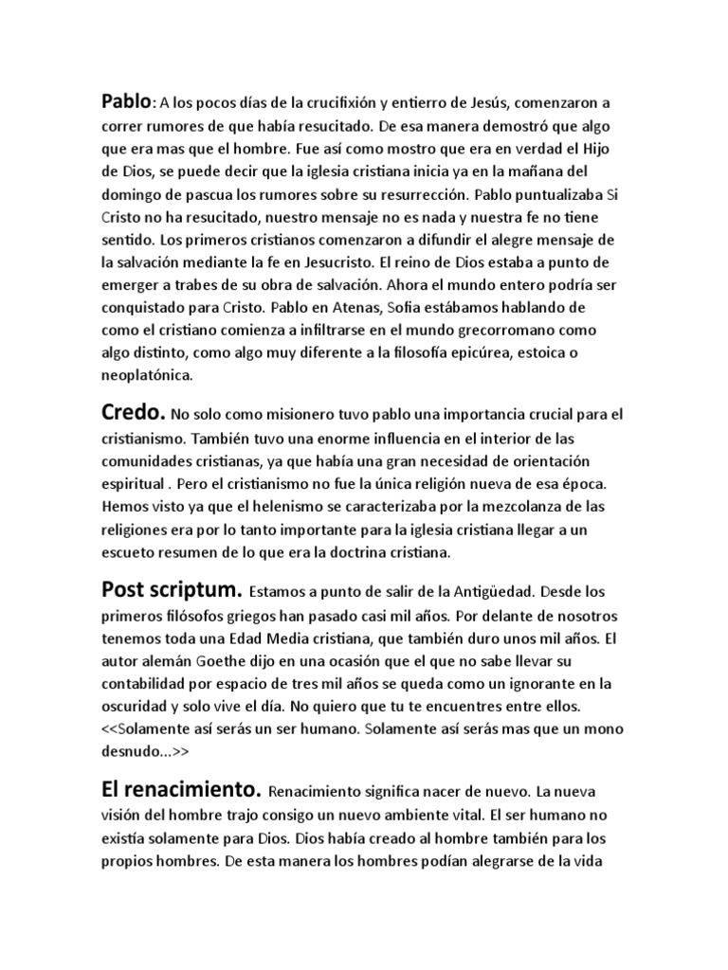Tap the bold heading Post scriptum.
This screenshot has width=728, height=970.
[164, 588]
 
